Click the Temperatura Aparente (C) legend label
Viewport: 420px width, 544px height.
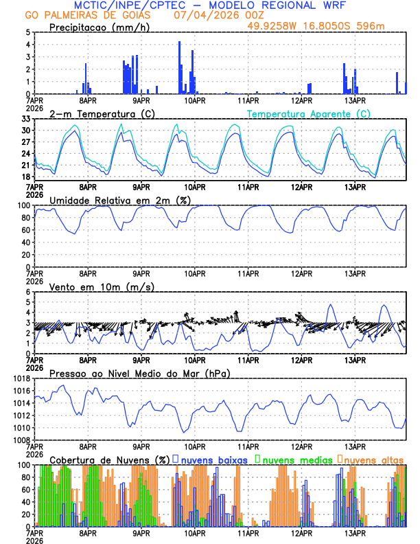pyautogui.click(x=309, y=113)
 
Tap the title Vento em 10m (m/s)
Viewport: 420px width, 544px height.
pyautogui.click(x=102, y=286)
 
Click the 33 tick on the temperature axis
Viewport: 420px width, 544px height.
pyautogui.click(x=26, y=119)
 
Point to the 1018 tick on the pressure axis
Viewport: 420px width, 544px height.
pyautogui.click(x=21, y=378)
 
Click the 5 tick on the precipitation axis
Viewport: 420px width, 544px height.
pyautogui.click(x=27, y=32)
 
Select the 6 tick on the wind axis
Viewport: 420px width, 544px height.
pyautogui.click(x=27, y=292)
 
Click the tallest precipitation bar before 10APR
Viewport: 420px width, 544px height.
pyautogui.click(x=180, y=67)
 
